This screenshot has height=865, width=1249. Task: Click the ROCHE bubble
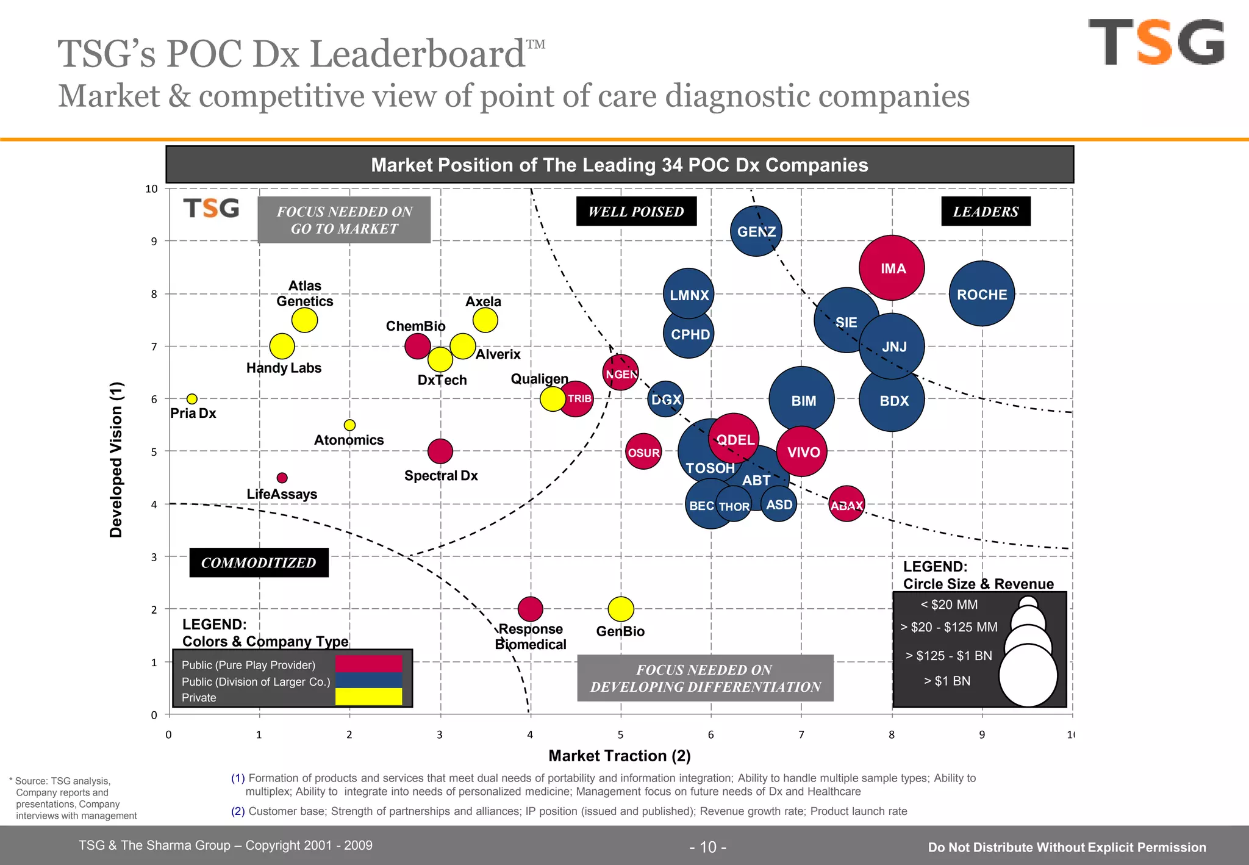coord(982,294)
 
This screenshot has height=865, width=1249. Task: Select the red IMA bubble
coord(892,268)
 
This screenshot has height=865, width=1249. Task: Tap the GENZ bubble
coord(756,231)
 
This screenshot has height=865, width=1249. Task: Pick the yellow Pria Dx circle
coord(191,399)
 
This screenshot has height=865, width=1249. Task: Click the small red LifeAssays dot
coord(282,478)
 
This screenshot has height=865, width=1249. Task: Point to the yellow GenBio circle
coord(621,608)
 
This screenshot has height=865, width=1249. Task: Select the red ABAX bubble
coord(846,504)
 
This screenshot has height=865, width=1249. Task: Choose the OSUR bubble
coord(643,452)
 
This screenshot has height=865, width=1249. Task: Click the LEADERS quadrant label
coord(986,212)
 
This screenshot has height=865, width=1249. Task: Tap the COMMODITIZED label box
coord(259,562)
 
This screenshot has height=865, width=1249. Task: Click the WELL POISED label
coord(636,212)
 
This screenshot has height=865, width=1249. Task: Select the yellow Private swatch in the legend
coord(368,697)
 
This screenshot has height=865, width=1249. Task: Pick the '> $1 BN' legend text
coord(947,681)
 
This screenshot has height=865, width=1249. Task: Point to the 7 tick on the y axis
coord(154,346)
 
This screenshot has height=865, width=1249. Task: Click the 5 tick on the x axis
coord(621,734)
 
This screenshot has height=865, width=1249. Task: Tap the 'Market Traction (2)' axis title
coord(620,756)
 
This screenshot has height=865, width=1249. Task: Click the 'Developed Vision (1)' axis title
coord(116,459)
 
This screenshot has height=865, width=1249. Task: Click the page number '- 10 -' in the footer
coord(707,847)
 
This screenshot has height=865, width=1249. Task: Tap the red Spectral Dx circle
coord(440,451)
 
